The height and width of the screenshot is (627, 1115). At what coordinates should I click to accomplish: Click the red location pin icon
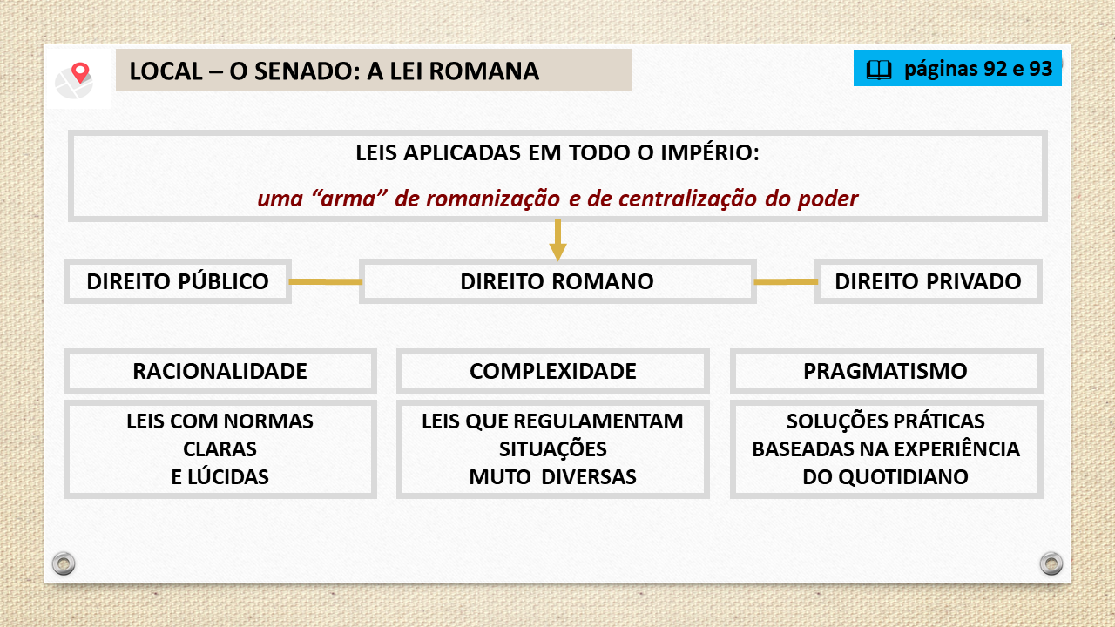(x=80, y=72)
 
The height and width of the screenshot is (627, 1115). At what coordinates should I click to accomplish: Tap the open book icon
(x=879, y=70)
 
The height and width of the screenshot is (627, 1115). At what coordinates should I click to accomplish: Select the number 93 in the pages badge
(x=1040, y=69)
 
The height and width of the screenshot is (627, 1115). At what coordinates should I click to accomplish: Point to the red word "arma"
(x=349, y=199)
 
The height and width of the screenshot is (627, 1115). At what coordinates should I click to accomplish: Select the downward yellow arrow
(x=557, y=239)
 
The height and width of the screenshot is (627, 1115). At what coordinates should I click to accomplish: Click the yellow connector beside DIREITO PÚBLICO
(x=326, y=281)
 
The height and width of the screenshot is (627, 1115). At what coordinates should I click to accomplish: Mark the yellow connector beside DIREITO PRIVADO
(x=786, y=281)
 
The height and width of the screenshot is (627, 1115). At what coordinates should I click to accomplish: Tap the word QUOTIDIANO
(x=903, y=476)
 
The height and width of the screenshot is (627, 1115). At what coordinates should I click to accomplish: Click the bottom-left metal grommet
(x=64, y=563)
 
